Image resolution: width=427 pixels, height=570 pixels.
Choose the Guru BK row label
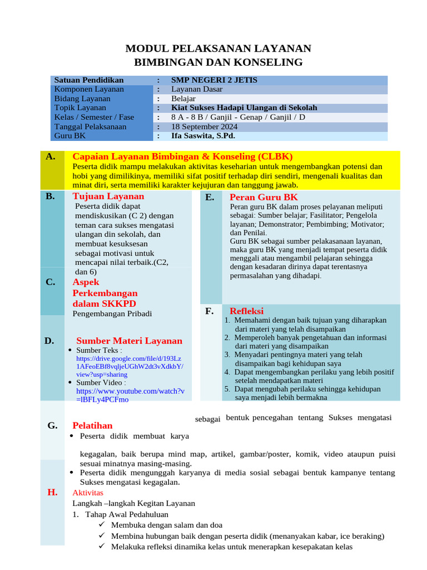click(67, 136)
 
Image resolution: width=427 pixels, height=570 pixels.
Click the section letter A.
click(51, 156)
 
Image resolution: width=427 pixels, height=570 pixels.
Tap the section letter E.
click(210, 197)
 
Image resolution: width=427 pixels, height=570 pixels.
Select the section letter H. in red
click(53, 492)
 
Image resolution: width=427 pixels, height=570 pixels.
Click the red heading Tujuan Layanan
click(108, 196)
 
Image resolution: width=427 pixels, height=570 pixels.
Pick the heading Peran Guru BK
click(264, 197)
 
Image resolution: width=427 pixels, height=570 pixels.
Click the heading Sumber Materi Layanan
click(129, 341)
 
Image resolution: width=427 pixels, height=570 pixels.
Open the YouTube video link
click(130, 395)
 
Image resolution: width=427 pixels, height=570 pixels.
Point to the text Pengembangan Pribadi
click(112, 313)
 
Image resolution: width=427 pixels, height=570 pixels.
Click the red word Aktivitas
click(88, 493)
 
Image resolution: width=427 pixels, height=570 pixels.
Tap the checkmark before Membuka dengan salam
click(101, 524)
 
